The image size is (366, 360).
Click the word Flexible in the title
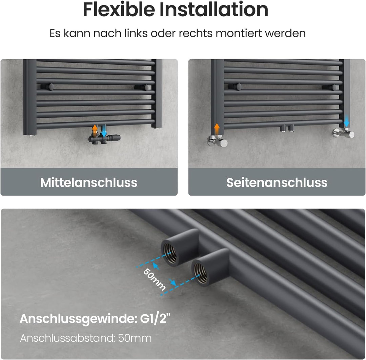tap(119, 9)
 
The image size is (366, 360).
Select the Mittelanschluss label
tap(89, 182)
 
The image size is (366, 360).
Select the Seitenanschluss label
tap(277, 182)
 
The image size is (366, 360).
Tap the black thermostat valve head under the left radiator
tap(114, 138)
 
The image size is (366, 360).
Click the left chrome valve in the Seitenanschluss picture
tap(217, 141)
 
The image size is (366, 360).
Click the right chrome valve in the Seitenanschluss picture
tap(344, 133)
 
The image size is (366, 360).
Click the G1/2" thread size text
tap(155, 318)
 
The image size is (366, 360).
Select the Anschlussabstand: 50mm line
tap(86, 338)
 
